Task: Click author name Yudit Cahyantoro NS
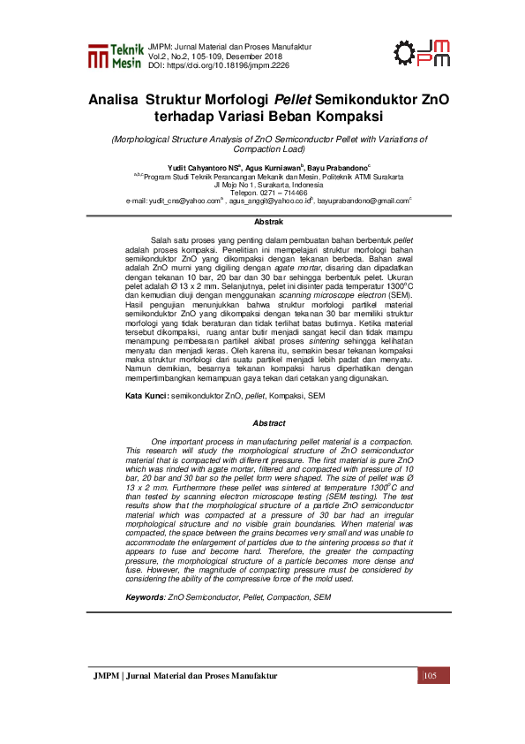click(x=204, y=166)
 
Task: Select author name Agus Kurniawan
click(x=273, y=166)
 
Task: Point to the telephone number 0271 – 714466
click(x=281, y=192)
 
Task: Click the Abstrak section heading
click(x=268, y=221)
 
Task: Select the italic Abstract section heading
click(x=268, y=422)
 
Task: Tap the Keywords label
click(x=145, y=597)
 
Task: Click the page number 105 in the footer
click(x=431, y=701)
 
